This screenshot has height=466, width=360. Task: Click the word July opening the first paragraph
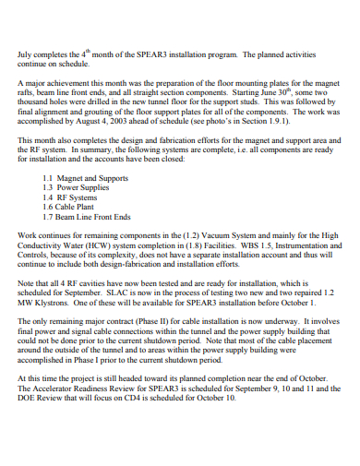pos(26,56)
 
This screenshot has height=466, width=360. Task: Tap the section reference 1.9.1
pos(276,121)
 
